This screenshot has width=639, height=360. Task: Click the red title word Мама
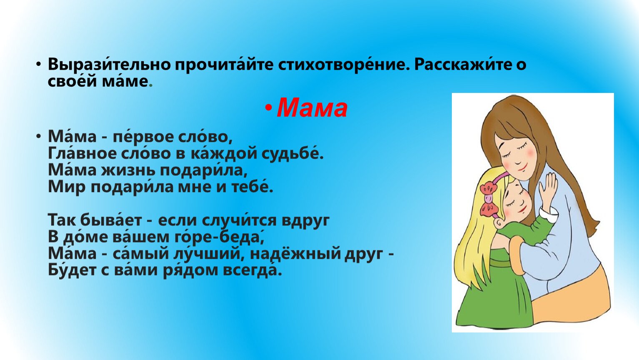click(x=312, y=108)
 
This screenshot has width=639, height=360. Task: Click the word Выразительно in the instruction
click(x=109, y=65)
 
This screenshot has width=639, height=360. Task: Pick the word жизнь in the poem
click(x=128, y=170)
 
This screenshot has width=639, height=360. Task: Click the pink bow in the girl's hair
click(x=489, y=200)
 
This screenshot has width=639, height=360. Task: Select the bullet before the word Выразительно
click(x=38, y=65)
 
